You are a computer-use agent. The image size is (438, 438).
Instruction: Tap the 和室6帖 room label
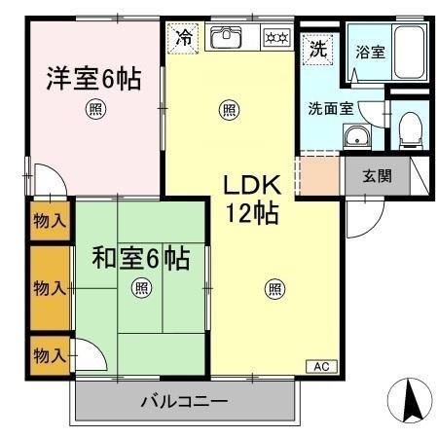tap(140, 259)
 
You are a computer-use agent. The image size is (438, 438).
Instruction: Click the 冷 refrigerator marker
tap(184, 39)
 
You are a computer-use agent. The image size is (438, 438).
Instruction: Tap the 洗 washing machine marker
tap(317, 48)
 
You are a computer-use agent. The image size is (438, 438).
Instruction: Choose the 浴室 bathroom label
tap(369, 52)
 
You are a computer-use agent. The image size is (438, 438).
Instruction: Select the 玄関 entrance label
tap(378, 176)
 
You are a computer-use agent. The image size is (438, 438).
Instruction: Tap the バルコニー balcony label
tap(183, 400)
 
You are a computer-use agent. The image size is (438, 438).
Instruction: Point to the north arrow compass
tap(409, 400)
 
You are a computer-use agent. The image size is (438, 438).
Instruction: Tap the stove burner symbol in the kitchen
tap(275, 39)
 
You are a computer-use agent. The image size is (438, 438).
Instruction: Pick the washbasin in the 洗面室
tap(359, 136)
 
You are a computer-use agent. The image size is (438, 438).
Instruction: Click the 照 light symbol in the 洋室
tap(94, 109)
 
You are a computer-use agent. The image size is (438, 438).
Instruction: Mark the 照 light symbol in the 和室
tap(141, 287)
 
